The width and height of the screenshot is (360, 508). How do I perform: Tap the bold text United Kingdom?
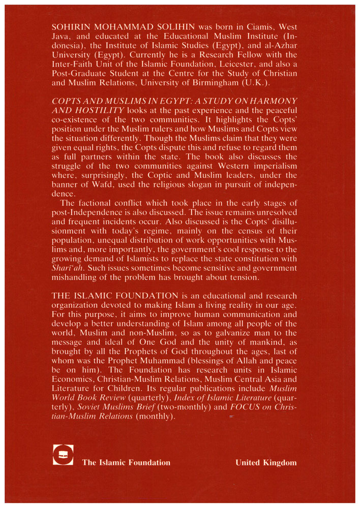(x=266, y=462)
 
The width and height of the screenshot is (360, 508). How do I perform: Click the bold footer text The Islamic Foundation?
(x=126, y=462)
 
